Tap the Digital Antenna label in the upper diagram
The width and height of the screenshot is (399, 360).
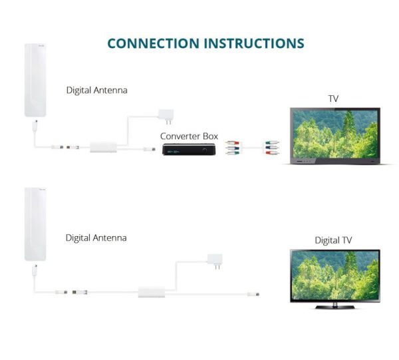coord(96,89)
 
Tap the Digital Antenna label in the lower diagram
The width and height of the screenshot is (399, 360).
coord(96,238)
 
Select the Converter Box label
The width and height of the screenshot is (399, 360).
coord(189,136)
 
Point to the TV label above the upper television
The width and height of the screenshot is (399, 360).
coord(333,98)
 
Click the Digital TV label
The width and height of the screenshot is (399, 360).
coord(333,240)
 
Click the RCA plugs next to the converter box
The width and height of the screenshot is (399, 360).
coord(231,146)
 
